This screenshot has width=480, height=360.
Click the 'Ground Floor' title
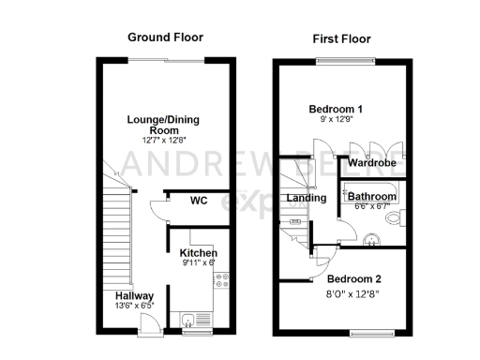click(165, 37)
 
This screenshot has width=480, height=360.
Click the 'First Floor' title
click(341, 39)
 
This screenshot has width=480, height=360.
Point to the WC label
click(199, 200)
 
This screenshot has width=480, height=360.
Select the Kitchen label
click(199, 254)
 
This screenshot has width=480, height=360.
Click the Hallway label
click(123, 293)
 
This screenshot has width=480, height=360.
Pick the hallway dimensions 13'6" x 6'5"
click(123, 306)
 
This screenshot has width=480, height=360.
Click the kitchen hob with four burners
click(220, 282)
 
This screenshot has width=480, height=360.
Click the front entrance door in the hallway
click(147, 323)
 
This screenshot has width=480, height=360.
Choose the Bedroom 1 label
click(337, 109)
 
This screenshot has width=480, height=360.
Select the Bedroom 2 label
click(354, 278)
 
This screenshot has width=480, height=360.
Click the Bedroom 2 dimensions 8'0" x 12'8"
click(354, 292)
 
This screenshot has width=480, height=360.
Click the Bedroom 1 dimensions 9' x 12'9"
click(337, 120)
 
